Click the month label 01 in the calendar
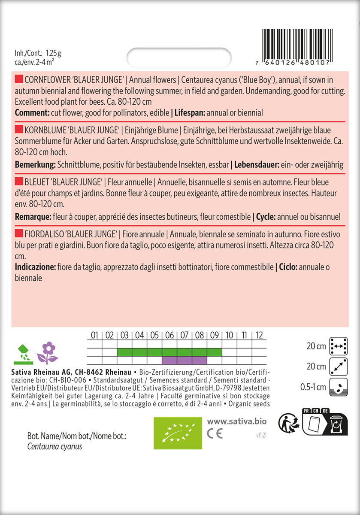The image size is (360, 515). coord(94,335)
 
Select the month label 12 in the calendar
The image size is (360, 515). coord(259,335)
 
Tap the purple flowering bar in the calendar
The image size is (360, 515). coord(184,360)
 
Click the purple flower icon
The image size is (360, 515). coord(48,352)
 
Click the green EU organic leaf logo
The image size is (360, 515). coord(178,433)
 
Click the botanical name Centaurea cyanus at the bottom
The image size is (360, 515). coord(54,446)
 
